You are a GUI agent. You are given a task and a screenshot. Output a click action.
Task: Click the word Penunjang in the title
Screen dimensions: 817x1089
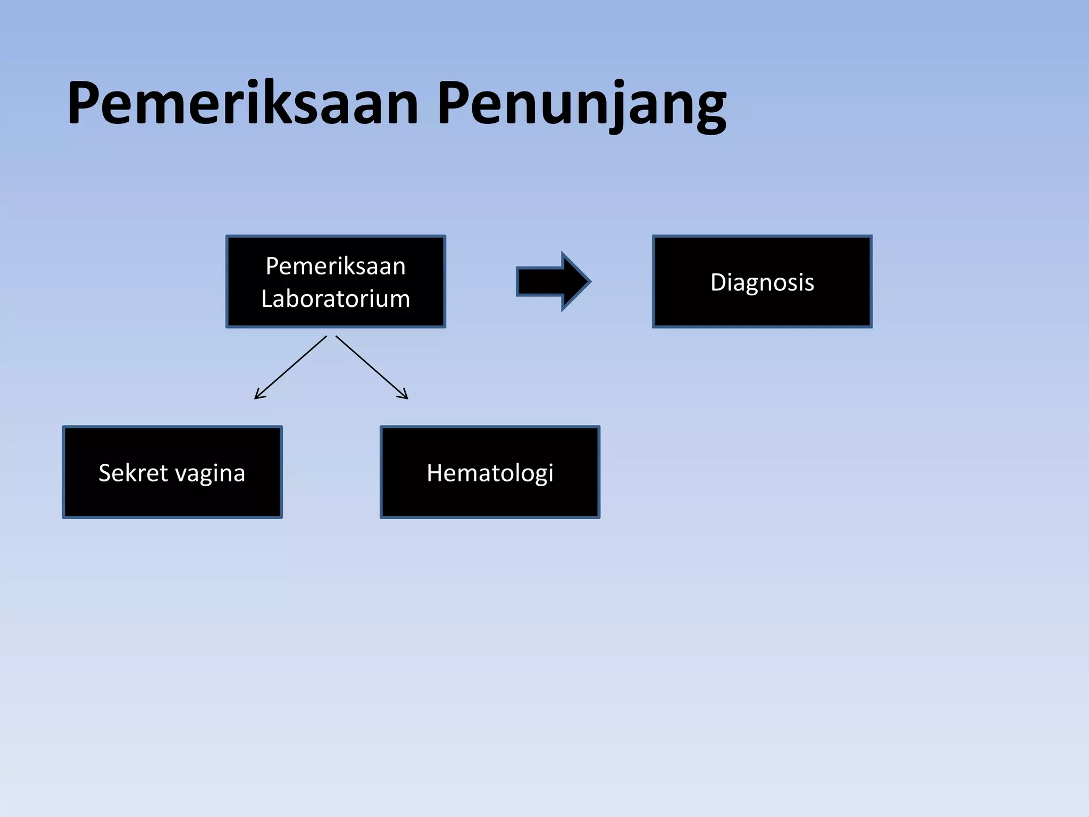pos(581,103)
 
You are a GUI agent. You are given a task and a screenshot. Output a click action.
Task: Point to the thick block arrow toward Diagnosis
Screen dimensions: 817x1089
pos(553,281)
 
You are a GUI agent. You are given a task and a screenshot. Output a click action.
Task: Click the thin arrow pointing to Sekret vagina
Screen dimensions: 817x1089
pos(290,368)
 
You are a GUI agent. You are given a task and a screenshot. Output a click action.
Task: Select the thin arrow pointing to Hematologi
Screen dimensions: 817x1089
pos(372,368)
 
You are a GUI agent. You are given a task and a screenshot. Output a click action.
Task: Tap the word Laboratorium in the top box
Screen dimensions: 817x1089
pos(336,298)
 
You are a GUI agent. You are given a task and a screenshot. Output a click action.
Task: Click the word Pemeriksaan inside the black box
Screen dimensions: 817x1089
pos(336,266)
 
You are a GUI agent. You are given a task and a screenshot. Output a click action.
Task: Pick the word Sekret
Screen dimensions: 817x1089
pos(133,473)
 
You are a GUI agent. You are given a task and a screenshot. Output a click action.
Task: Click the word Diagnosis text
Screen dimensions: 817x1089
pos(762,282)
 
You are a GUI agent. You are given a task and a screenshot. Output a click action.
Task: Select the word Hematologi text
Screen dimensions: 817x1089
pos(490,473)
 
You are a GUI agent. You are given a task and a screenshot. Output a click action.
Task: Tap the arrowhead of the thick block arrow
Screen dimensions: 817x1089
pos(576,281)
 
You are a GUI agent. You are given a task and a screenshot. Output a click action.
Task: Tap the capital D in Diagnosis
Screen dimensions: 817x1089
pos(719,282)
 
